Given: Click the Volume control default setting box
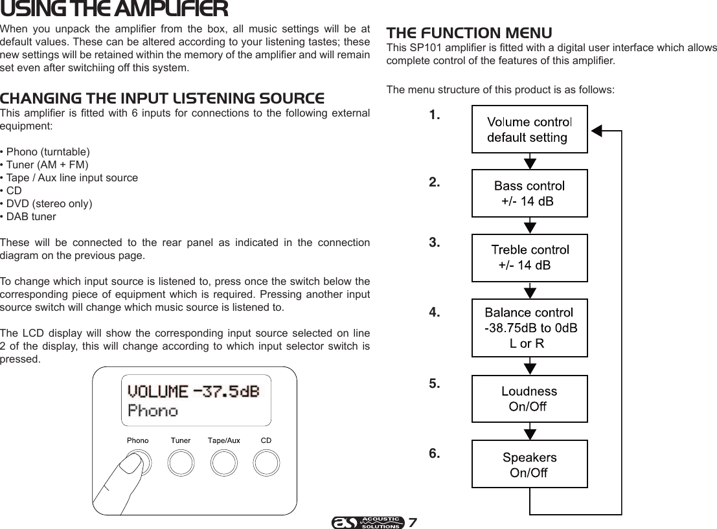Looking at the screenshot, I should point(529,129).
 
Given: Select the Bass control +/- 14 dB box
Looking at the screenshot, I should point(529,193).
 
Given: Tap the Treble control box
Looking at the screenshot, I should point(529,257).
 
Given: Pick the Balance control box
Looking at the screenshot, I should point(529,328).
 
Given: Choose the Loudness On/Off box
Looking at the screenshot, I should point(529,398).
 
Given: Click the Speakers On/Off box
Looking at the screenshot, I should point(529,464).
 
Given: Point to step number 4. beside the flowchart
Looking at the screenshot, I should point(435,313).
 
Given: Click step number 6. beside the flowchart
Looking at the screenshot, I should point(435,453).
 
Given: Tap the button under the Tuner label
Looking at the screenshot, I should point(181,462).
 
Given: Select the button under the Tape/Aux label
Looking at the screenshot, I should point(223,462).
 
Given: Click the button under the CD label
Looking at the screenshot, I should point(266,462).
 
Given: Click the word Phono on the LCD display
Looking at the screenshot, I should point(153,411).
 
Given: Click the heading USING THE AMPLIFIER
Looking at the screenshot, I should point(114,10).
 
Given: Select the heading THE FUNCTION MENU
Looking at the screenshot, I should point(469,33).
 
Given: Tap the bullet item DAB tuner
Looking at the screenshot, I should point(31,216).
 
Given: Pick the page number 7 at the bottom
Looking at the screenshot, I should point(413,522).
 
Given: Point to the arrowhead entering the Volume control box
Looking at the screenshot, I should point(596,130).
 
